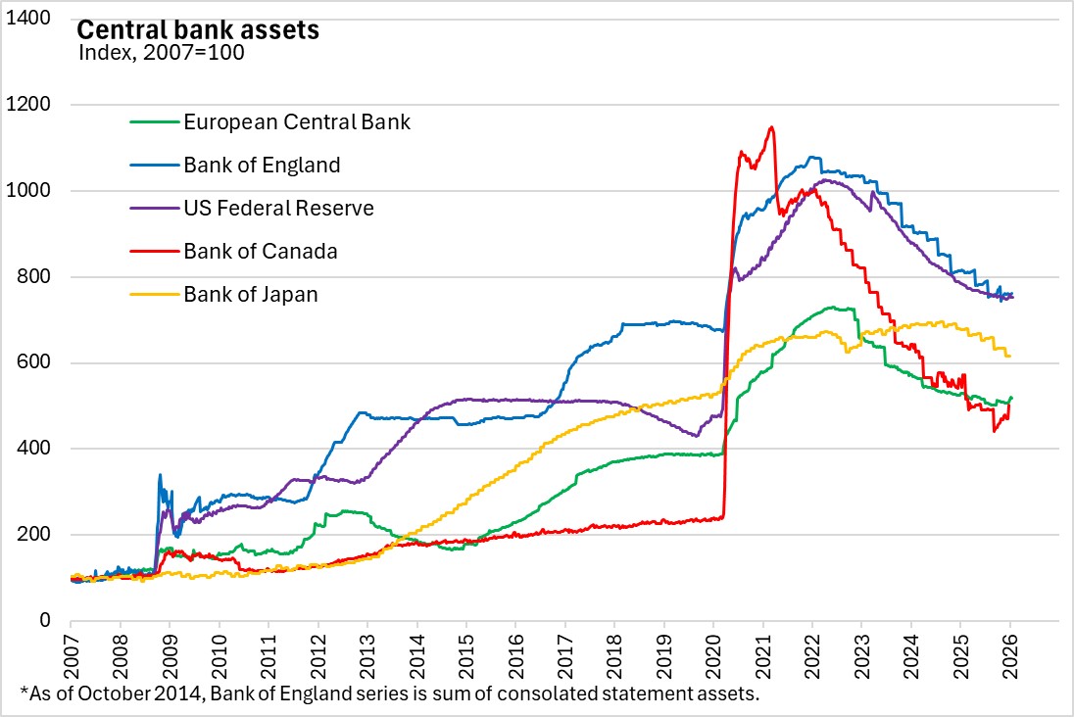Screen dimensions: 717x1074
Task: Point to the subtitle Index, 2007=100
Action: tap(161, 52)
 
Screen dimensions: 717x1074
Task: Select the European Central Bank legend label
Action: tap(297, 122)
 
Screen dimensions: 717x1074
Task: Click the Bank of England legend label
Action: tap(262, 165)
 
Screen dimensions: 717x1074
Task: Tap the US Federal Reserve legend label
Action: tap(278, 208)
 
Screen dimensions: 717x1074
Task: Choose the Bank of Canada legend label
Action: tap(261, 251)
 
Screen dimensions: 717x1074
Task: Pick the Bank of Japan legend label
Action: tap(251, 294)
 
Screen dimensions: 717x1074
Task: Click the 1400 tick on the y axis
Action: tap(32, 19)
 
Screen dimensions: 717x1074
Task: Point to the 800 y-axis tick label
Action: tap(37, 277)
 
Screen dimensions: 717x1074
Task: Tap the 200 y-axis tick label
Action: tap(37, 535)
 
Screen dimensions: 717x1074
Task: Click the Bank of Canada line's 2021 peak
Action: tap(772, 127)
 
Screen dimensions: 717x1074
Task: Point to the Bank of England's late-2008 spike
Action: tap(160, 476)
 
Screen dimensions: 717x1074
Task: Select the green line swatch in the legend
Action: tap(153, 122)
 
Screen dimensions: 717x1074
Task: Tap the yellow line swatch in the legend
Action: tap(153, 294)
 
